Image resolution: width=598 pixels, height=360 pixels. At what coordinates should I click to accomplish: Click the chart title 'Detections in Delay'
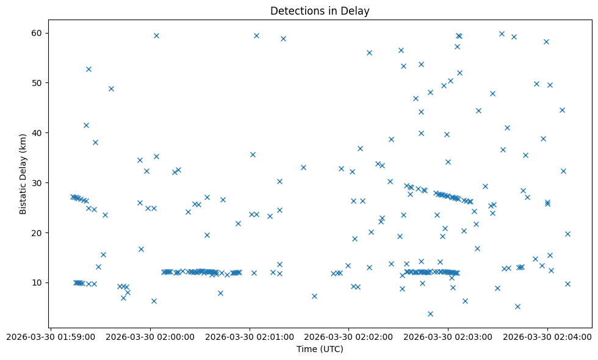pyautogui.click(x=320, y=11)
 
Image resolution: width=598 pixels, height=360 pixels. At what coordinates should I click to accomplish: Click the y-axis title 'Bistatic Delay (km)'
pyautogui.click(x=23, y=174)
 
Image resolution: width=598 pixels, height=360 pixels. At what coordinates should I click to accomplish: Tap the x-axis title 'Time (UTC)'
pyautogui.click(x=320, y=349)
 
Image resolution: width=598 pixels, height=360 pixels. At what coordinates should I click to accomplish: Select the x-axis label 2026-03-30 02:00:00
pyautogui.click(x=150, y=336)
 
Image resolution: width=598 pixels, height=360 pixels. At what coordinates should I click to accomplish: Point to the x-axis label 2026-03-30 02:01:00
pyautogui.click(x=250, y=336)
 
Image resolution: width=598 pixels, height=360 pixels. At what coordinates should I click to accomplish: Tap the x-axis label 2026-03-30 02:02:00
pyautogui.click(x=349, y=336)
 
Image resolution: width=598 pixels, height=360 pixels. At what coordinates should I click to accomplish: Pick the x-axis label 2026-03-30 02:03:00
pyautogui.click(x=448, y=336)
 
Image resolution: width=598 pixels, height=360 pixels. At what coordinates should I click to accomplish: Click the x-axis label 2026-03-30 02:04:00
pyautogui.click(x=547, y=336)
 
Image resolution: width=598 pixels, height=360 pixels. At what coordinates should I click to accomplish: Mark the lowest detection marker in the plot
pyautogui.click(x=430, y=314)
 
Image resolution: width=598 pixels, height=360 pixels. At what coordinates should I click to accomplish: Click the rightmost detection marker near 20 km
pyautogui.click(x=567, y=234)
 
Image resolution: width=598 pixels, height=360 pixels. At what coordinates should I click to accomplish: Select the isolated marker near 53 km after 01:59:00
pyautogui.click(x=88, y=69)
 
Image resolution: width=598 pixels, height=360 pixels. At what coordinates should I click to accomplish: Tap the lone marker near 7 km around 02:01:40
pyautogui.click(x=314, y=296)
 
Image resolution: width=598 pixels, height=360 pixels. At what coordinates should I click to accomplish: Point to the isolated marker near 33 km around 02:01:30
pyautogui.click(x=303, y=167)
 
